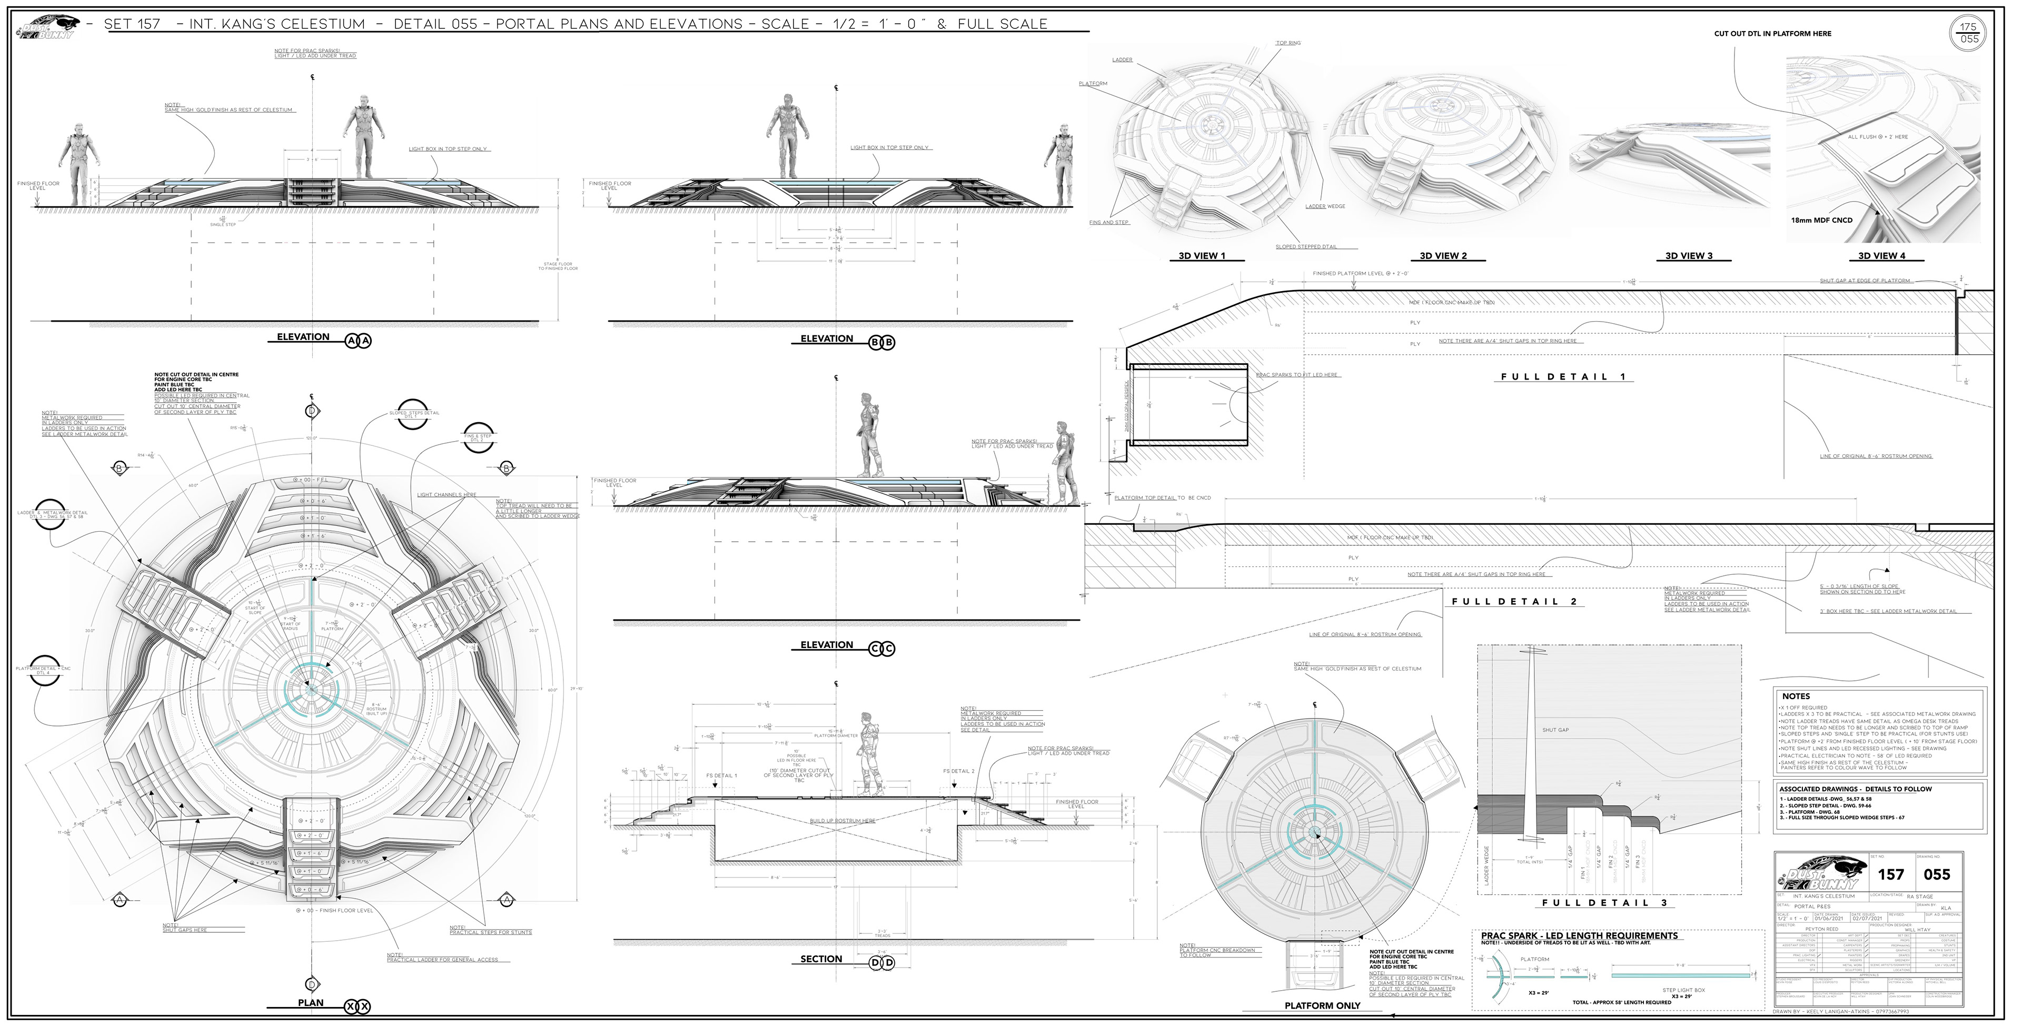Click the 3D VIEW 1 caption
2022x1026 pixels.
(x=1201, y=256)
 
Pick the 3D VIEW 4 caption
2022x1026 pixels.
(x=1881, y=256)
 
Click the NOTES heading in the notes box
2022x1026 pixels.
(x=1796, y=696)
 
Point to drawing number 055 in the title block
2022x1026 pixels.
(x=1937, y=874)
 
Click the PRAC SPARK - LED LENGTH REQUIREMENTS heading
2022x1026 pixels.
(x=1579, y=936)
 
